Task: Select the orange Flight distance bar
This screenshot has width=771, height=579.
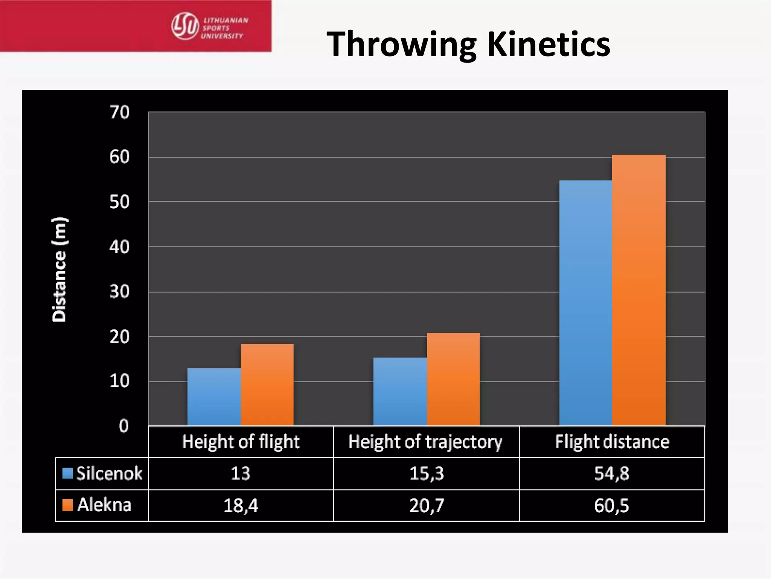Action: (x=639, y=290)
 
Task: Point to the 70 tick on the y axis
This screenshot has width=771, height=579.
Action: (x=120, y=112)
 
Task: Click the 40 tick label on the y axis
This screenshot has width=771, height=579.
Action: (x=120, y=247)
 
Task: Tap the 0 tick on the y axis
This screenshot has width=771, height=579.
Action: (x=123, y=426)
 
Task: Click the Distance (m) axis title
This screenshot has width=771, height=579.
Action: (x=59, y=270)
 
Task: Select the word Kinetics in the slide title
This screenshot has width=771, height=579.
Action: (x=549, y=44)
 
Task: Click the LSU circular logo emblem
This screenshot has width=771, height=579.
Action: (x=185, y=26)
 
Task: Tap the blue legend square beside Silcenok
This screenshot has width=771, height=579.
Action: (x=67, y=473)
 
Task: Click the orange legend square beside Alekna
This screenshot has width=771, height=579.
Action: (x=67, y=505)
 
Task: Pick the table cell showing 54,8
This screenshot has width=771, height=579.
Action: (x=612, y=473)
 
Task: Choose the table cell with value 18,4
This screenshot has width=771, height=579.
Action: (x=241, y=505)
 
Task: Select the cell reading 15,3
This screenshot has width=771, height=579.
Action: (x=427, y=473)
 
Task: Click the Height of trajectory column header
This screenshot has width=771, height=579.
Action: (x=425, y=442)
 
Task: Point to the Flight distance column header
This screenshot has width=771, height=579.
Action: (x=612, y=442)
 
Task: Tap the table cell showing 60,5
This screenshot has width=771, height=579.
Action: (x=612, y=505)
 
